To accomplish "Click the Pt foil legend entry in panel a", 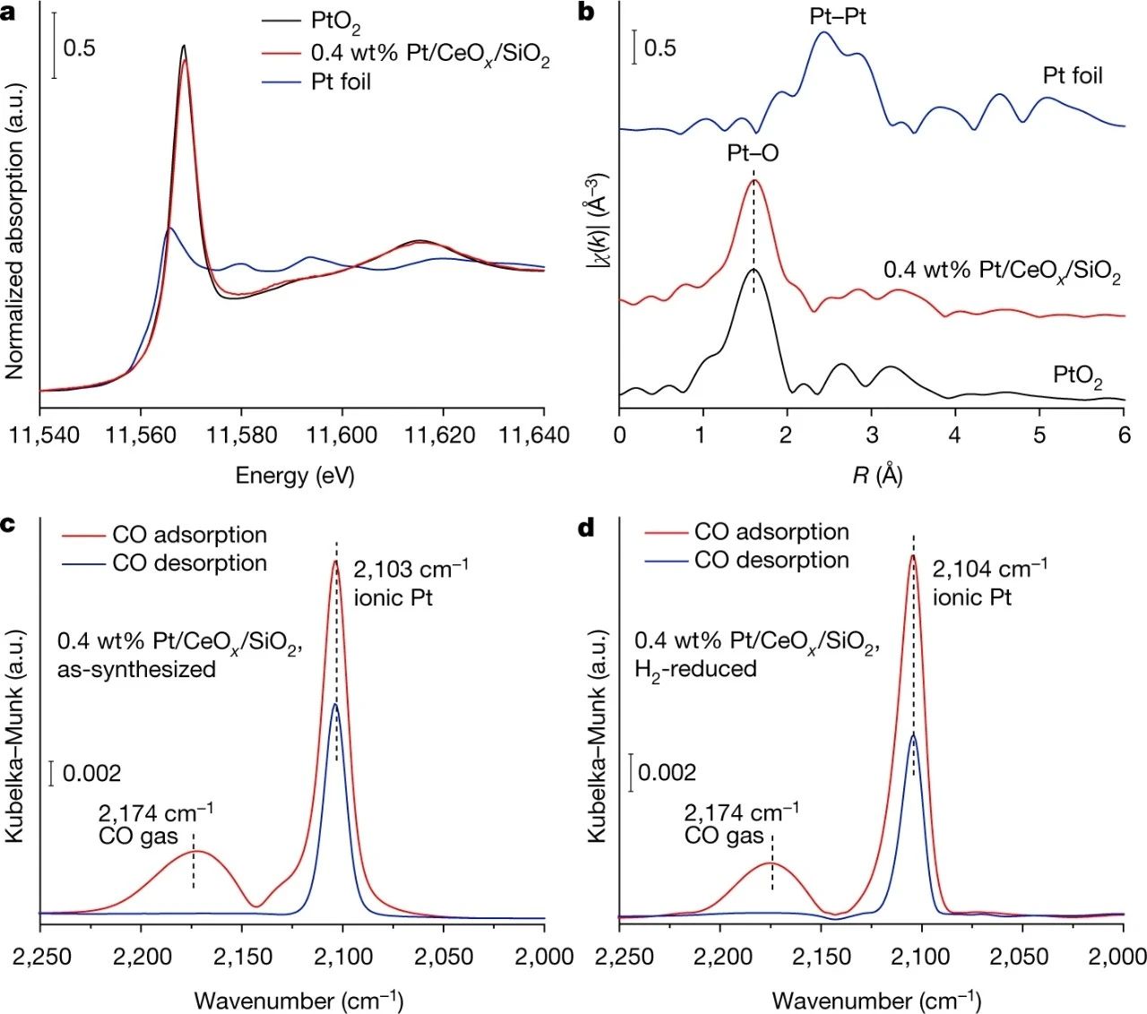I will (x=341, y=82).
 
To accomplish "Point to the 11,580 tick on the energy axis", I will (x=242, y=435).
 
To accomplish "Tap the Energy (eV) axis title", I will (x=295, y=475).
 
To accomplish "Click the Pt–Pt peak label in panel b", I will (x=838, y=16).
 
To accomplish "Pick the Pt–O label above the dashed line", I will (x=753, y=153).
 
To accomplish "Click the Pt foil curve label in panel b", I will (x=1073, y=75).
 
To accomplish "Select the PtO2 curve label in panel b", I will (x=1077, y=375).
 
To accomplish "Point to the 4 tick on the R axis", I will (x=955, y=435).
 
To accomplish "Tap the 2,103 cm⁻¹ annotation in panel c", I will (x=410, y=570).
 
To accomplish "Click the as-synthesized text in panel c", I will (x=136, y=669).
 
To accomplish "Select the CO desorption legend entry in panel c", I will (x=189, y=563).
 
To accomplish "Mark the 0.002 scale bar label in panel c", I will (x=91, y=773).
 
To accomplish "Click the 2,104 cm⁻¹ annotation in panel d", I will (x=990, y=569).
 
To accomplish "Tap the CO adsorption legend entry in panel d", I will (x=772, y=531).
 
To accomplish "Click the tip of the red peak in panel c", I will (x=336, y=562).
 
